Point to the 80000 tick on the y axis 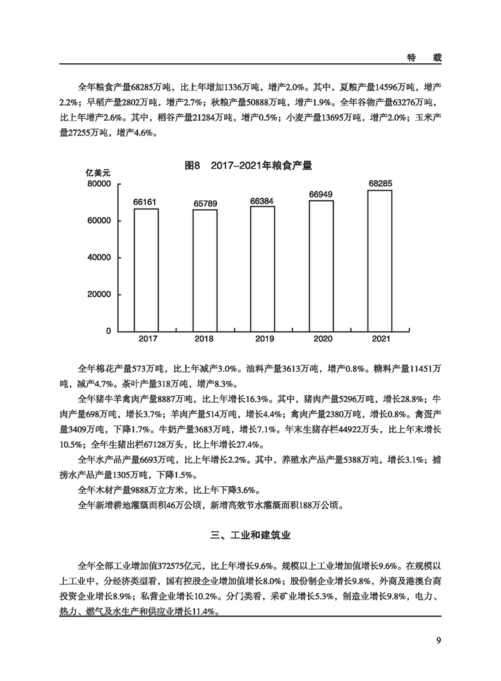(98, 184)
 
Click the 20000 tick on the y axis (98, 295)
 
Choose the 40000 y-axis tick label (98, 258)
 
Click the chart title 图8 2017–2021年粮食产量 (248, 166)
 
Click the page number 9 (438, 641)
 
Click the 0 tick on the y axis (109, 331)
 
